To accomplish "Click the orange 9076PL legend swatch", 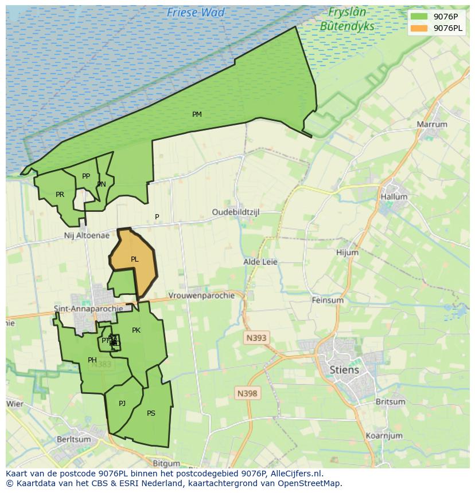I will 419,28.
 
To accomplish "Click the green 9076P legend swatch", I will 419,16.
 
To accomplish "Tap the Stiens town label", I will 344,369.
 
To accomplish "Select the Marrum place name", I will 431,124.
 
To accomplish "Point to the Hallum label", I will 394,196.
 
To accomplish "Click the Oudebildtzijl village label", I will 236,212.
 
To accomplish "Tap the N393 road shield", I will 256,338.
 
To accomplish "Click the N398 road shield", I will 247,393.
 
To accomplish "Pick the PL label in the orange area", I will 134,259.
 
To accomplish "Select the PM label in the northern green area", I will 197,115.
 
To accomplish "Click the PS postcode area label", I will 151,413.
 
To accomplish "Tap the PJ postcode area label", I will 122,404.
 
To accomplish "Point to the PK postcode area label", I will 136,330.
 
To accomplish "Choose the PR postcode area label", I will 60,195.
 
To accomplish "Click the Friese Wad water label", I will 196,12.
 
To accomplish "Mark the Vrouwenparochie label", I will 201,295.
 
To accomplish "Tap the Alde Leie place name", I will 260,262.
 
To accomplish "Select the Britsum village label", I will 390,401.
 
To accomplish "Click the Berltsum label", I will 73,439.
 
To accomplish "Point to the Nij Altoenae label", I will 86,235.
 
